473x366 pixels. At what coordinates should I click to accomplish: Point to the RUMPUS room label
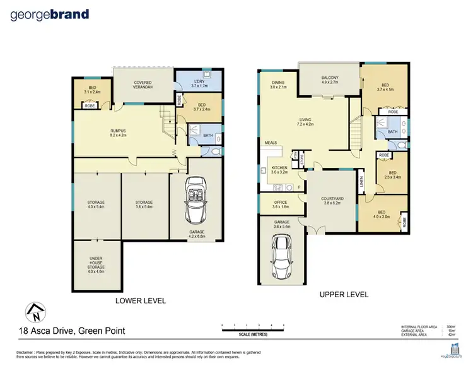pos(119,132)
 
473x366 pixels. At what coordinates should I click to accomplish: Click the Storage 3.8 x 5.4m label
pos(144,204)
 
